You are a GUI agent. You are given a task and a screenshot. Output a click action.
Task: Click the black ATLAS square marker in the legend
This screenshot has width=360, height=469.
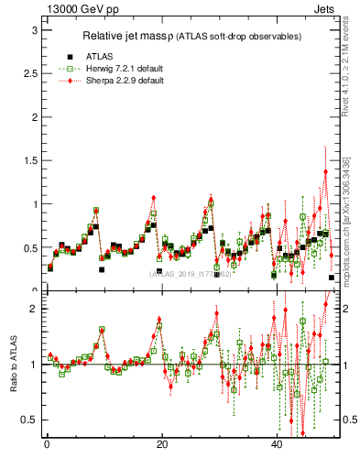(70, 56)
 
